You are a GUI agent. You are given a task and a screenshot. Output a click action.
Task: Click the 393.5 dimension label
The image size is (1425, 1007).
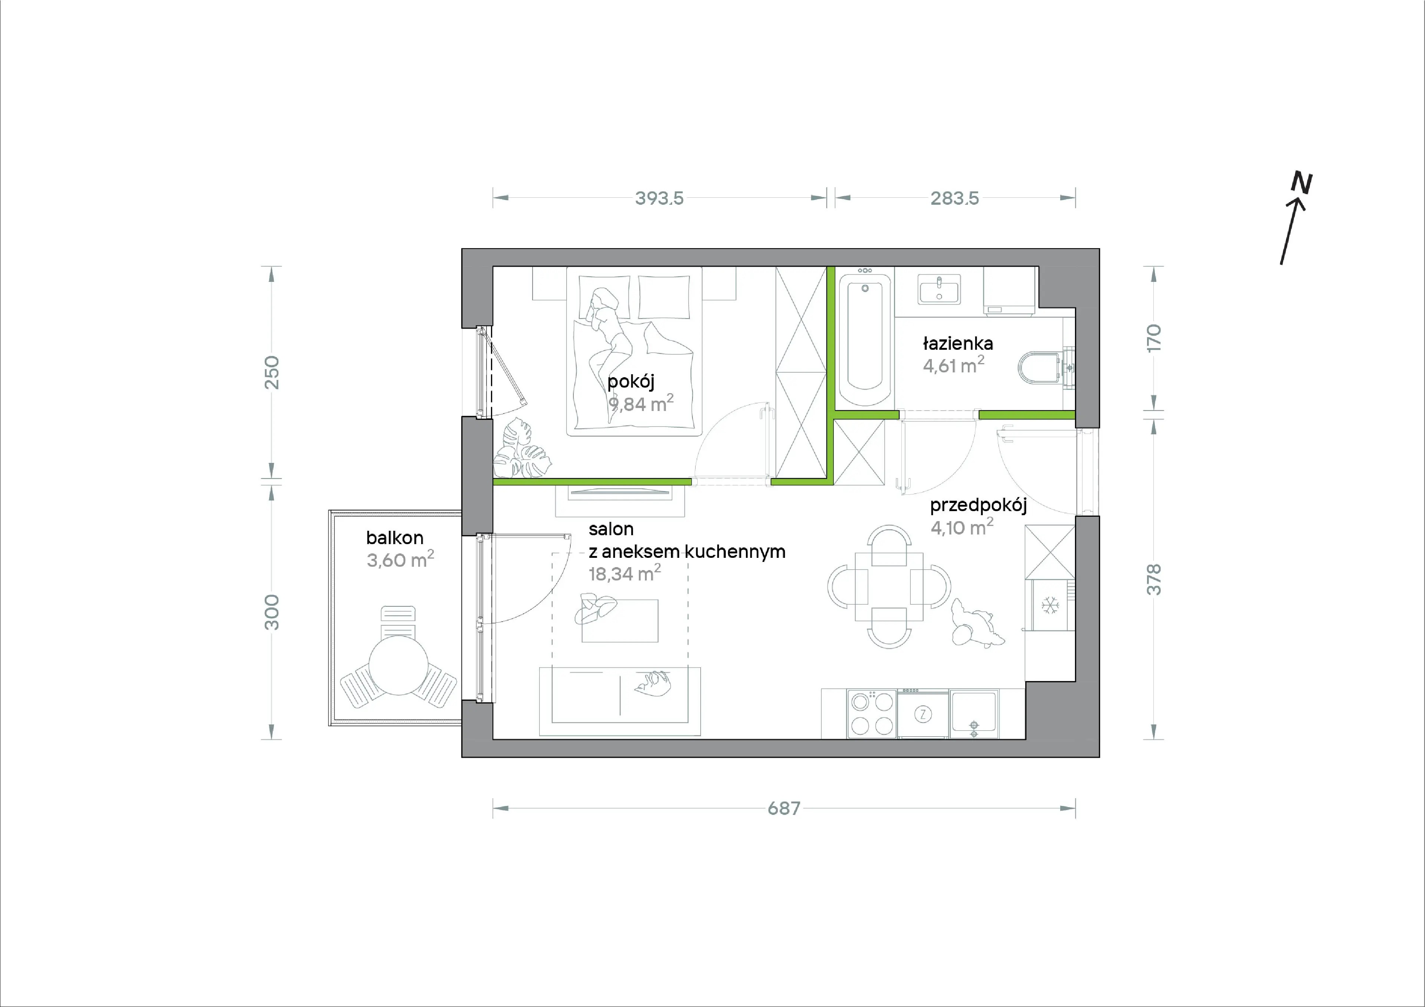[x=659, y=198]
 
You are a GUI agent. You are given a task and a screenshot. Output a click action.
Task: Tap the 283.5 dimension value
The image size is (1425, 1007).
[x=954, y=198]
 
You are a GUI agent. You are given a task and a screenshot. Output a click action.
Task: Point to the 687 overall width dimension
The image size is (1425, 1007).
[x=784, y=809]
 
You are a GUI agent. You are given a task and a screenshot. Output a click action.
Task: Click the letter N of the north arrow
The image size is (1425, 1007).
[x=1301, y=183]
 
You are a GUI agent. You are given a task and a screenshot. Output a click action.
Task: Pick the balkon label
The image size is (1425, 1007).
[x=395, y=537]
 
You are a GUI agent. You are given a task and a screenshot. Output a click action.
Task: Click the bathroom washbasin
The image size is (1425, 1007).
[x=939, y=289]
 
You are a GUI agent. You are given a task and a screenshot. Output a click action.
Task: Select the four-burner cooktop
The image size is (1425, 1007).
[x=872, y=714]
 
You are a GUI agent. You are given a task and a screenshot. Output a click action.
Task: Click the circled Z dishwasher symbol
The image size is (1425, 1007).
[x=923, y=714]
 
